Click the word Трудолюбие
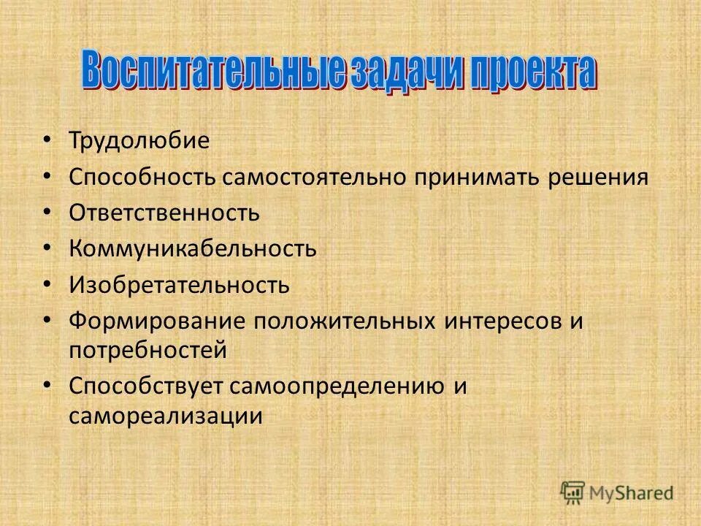coord(139,140)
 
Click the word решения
coord(600,177)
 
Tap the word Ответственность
coord(164,213)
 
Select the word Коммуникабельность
coord(193,249)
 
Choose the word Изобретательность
coord(179,285)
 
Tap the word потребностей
coord(148,351)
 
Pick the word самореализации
coord(166,416)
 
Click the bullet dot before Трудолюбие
coord(48,139)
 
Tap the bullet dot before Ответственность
coord(48,211)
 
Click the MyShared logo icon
coord(572,491)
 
